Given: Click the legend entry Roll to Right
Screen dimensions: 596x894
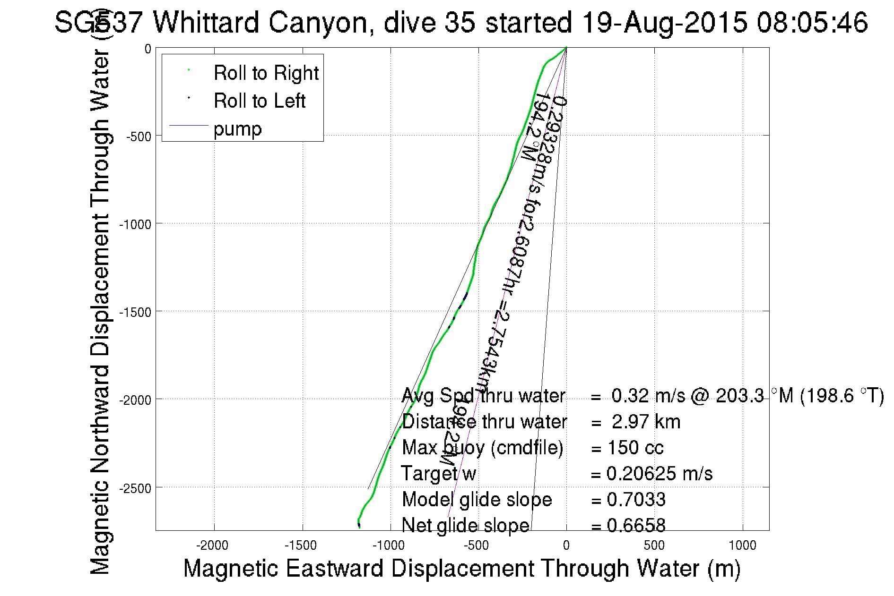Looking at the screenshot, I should point(266,73).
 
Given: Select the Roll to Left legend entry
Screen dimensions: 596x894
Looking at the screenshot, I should point(259,101).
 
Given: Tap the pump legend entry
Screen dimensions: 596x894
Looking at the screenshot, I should point(237,129).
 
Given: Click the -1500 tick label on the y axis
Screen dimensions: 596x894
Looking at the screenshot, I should point(135,312).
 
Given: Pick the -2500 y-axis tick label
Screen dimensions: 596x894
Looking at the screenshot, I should point(135,488).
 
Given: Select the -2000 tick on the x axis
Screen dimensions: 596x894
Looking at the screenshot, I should point(215,546).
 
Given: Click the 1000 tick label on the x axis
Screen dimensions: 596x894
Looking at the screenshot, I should point(743,546).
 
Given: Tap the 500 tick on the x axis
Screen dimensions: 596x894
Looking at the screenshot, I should point(654,546).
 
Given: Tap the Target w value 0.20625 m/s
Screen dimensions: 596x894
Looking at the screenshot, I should point(659,474).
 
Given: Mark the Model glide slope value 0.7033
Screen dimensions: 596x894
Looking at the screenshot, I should point(636,500).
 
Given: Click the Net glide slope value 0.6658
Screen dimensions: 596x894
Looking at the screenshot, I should point(636,525).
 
